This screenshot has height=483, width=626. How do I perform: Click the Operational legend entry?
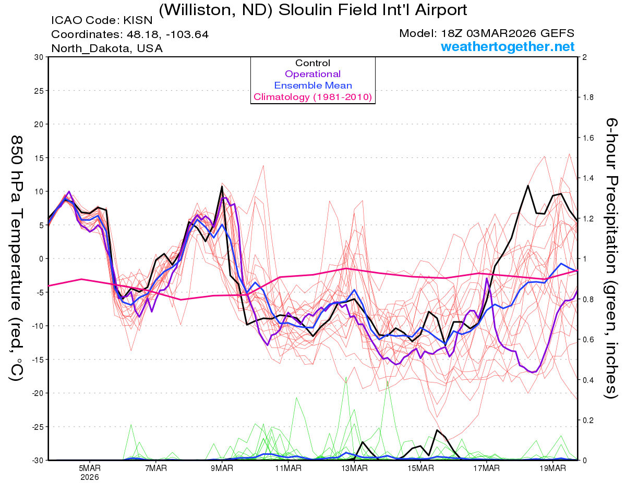pyautogui.click(x=312, y=74)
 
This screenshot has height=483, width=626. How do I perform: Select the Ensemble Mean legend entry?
pyautogui.click(x=312, y=85)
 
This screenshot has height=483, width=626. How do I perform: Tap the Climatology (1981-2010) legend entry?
pyautogui.click(x=312, y=97)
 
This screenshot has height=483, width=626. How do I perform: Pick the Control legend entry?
pyautogui.click(x=312, y=63)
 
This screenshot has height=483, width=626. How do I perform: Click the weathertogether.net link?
pyautogui.click(x=508, y=47)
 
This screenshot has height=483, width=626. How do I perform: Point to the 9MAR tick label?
pyautogui.click(x=222, y=468)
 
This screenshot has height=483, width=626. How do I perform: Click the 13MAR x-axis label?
pyautogui.click(x=354, y=468)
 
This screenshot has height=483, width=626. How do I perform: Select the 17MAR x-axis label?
pyautogui.click(x=486, y=468)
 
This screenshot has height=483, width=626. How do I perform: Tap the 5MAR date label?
pyautogui.click(x=90, y=468)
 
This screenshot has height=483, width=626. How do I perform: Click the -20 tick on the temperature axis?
pyautogui.click(x=38, y=393)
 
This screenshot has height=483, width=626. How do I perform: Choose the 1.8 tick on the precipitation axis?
pyautogui.click(x=588, y=97)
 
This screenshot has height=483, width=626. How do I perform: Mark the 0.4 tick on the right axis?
pyautogui.click(x=588, y=380)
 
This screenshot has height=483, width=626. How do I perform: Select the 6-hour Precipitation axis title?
pyautogui.click(x=611, y=258)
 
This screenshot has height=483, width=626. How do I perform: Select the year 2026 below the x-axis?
pyautogui.click(x=90, y=477)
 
